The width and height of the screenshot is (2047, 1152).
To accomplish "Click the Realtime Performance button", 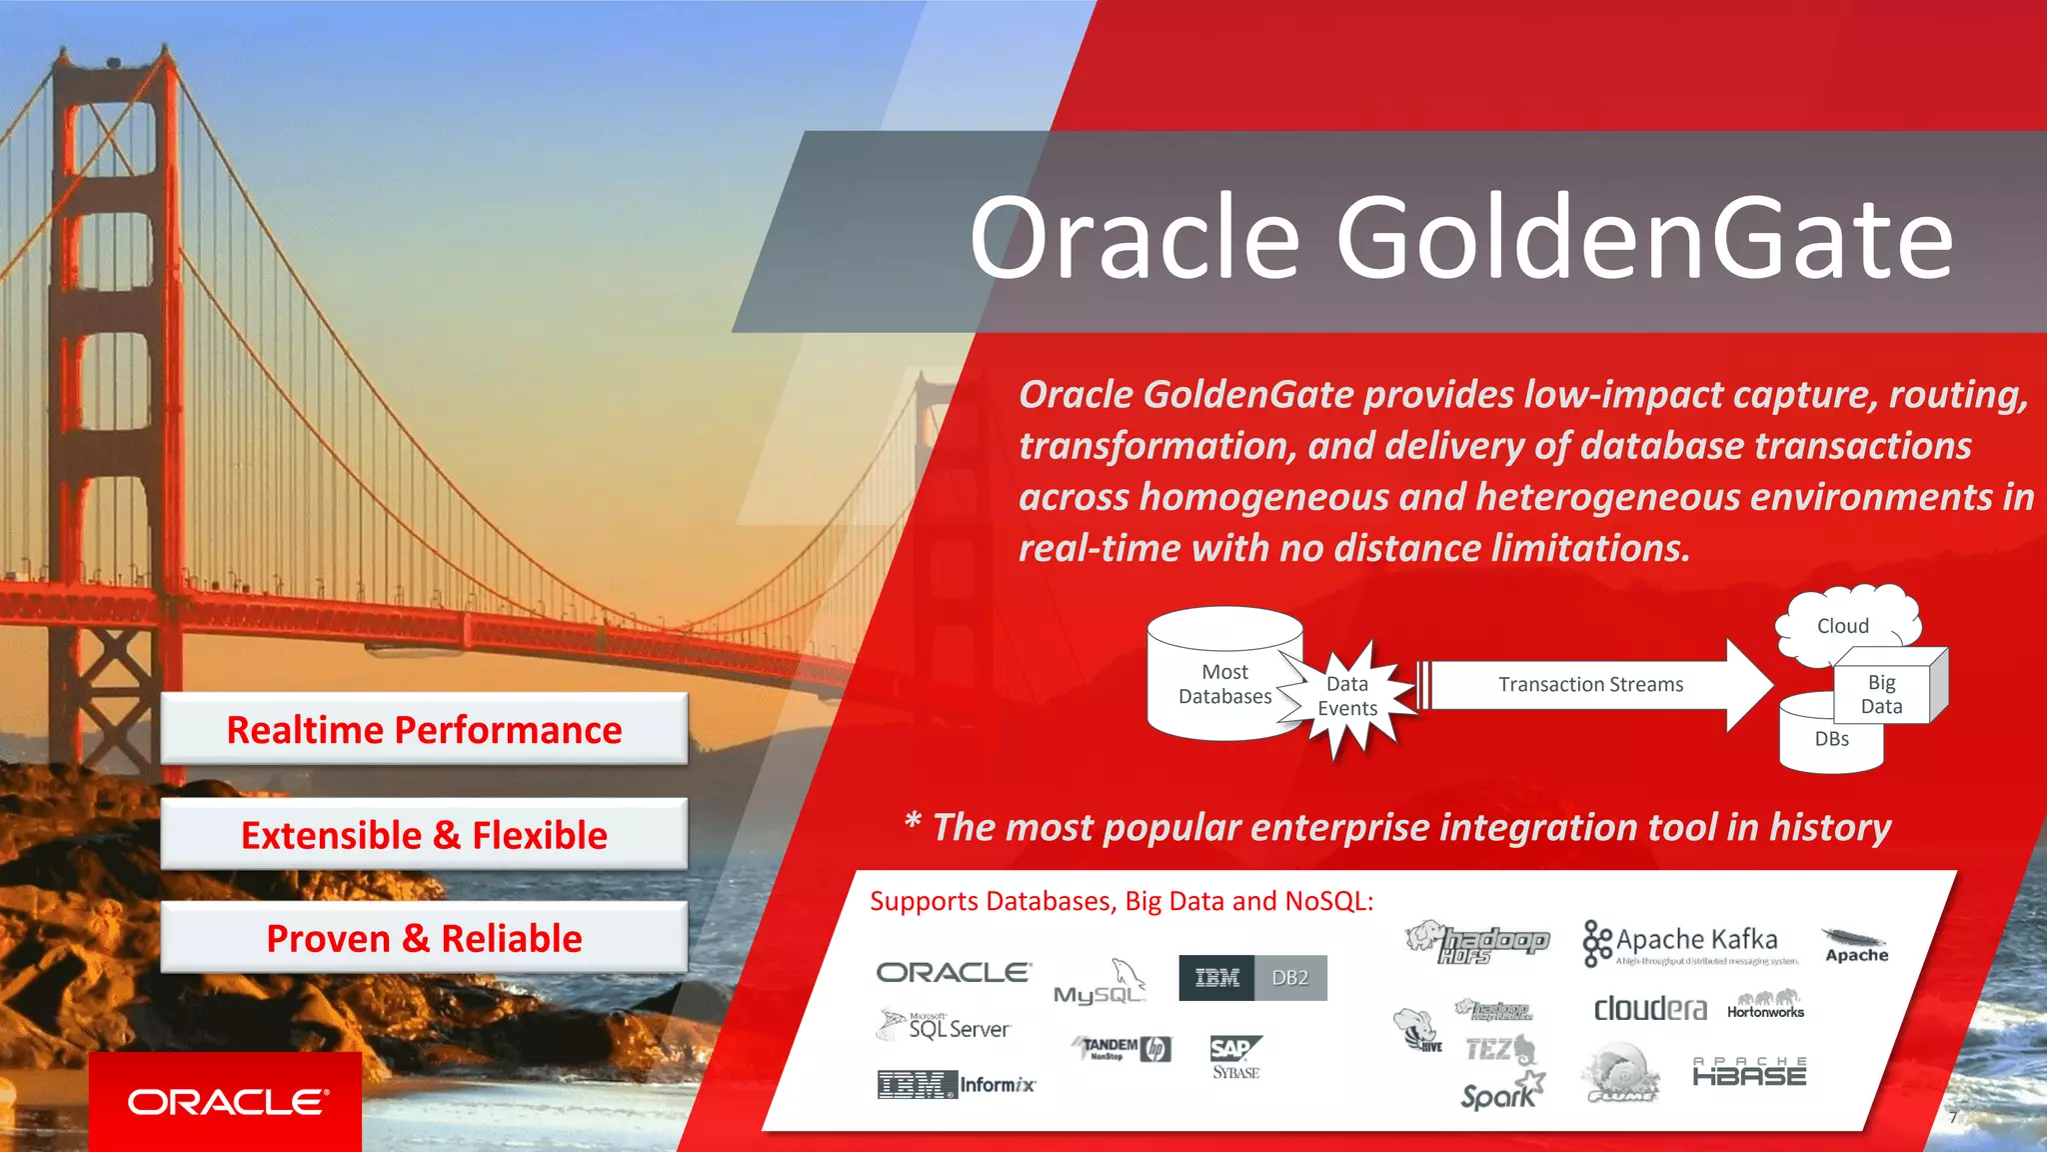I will coord(424,729).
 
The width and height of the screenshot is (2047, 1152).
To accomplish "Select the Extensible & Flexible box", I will coord(424,834).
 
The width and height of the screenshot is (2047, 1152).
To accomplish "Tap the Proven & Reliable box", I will coord(424,938).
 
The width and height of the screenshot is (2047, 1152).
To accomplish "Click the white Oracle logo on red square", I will coord(226,1102).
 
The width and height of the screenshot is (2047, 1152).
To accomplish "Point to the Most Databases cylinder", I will coord(1221,680).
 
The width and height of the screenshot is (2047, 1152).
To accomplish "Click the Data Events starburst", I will coord(1348,697).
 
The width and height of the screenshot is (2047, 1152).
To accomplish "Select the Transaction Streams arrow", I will coord(1591,685).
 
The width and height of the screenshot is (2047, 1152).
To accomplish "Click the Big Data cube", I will coord(1883,694).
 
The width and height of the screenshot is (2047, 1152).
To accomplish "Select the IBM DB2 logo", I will coord(1252,978).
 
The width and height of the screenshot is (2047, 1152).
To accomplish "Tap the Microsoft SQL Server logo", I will coord(946,1027).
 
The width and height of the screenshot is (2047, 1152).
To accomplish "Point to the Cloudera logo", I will coord(1650,1008).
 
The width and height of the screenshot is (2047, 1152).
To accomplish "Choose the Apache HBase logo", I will coord(1749,1072).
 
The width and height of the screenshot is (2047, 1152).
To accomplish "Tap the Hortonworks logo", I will coord(1765,1005).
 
